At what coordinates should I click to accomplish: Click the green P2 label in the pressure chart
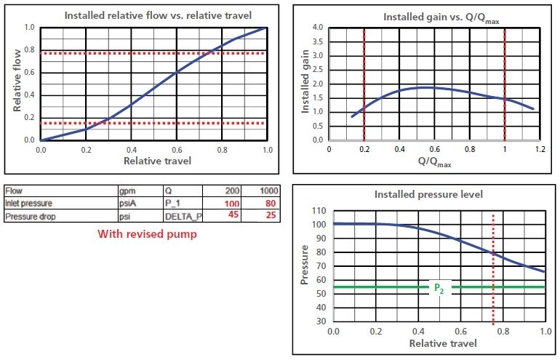point(439,288)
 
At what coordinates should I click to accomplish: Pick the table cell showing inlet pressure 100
point(232,203)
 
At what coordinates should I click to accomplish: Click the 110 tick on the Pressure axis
point(319,211)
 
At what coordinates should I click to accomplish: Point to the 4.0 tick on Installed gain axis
point(317,28)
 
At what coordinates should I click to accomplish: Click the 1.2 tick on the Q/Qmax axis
point(540,149)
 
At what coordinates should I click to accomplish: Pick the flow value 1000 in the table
point(268,191)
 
